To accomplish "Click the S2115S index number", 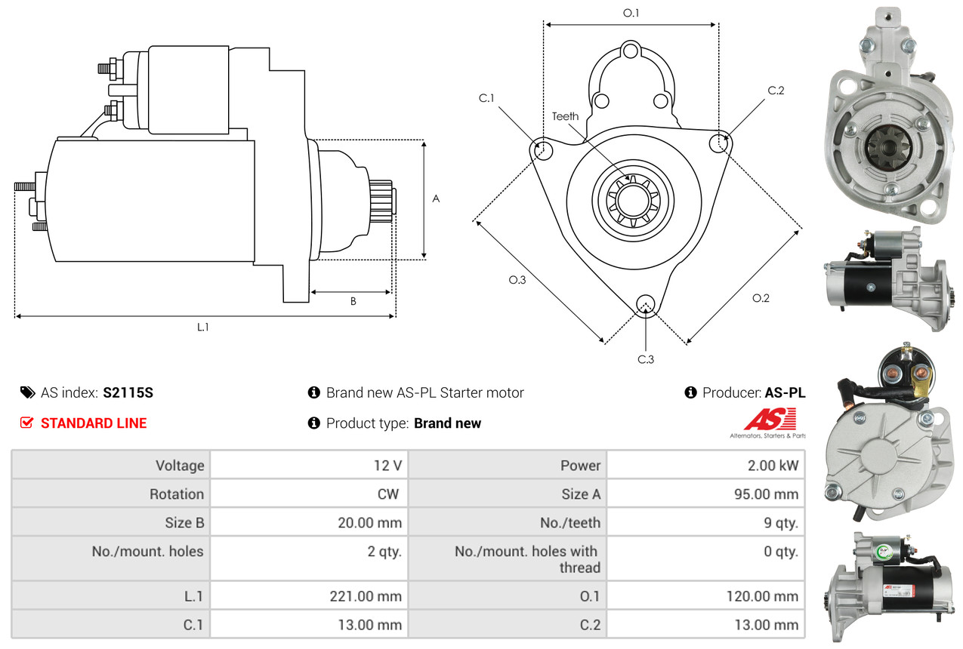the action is (x=128, y=392).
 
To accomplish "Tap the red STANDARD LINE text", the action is (x=94, y=423).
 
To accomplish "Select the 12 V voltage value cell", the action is (x=309, y=465).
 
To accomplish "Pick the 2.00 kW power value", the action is (x=773, y=465).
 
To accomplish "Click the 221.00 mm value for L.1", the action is (x=366, y=596).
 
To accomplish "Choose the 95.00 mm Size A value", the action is (x=766, y=494).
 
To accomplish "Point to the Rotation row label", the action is (x=177, y=494).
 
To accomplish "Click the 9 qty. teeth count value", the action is (x=781, y=523).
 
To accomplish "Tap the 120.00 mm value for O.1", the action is (x=762, y=596).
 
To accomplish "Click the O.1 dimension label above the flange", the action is (x=631, y=14).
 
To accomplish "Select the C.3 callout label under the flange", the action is (x=645, y=359).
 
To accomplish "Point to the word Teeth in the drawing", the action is (x=565, y=116).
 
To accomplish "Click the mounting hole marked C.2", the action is (x=719, y=143).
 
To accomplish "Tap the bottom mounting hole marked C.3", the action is (x=645, y=304).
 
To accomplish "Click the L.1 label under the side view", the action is (x=203, y=328).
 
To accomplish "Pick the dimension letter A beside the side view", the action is (x=436, y=199).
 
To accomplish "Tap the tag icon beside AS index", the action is (x=28, y=392).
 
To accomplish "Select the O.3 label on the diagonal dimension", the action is (x=517, y=280).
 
